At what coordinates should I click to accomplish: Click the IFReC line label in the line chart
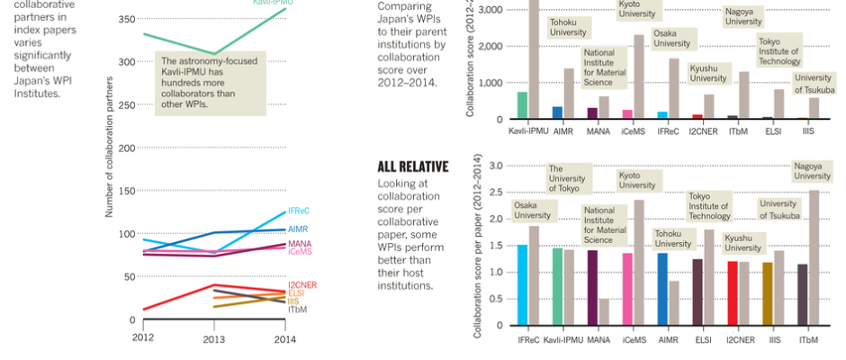pos(298,211)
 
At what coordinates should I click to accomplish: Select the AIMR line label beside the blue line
pos(298,229)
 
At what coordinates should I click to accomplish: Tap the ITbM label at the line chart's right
pos(297,310)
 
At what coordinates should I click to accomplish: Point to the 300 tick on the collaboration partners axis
pos(127,62)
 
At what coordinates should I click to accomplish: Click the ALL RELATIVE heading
pos(412,166)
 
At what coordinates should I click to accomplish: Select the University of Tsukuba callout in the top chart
pos(813,83)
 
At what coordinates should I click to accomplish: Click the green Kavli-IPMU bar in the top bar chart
pos(522,105)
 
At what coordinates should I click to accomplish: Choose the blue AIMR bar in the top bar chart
pos(557,112)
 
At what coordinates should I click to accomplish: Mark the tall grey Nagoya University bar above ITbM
pos(814,257)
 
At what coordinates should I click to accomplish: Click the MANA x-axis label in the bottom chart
pos(598,340)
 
